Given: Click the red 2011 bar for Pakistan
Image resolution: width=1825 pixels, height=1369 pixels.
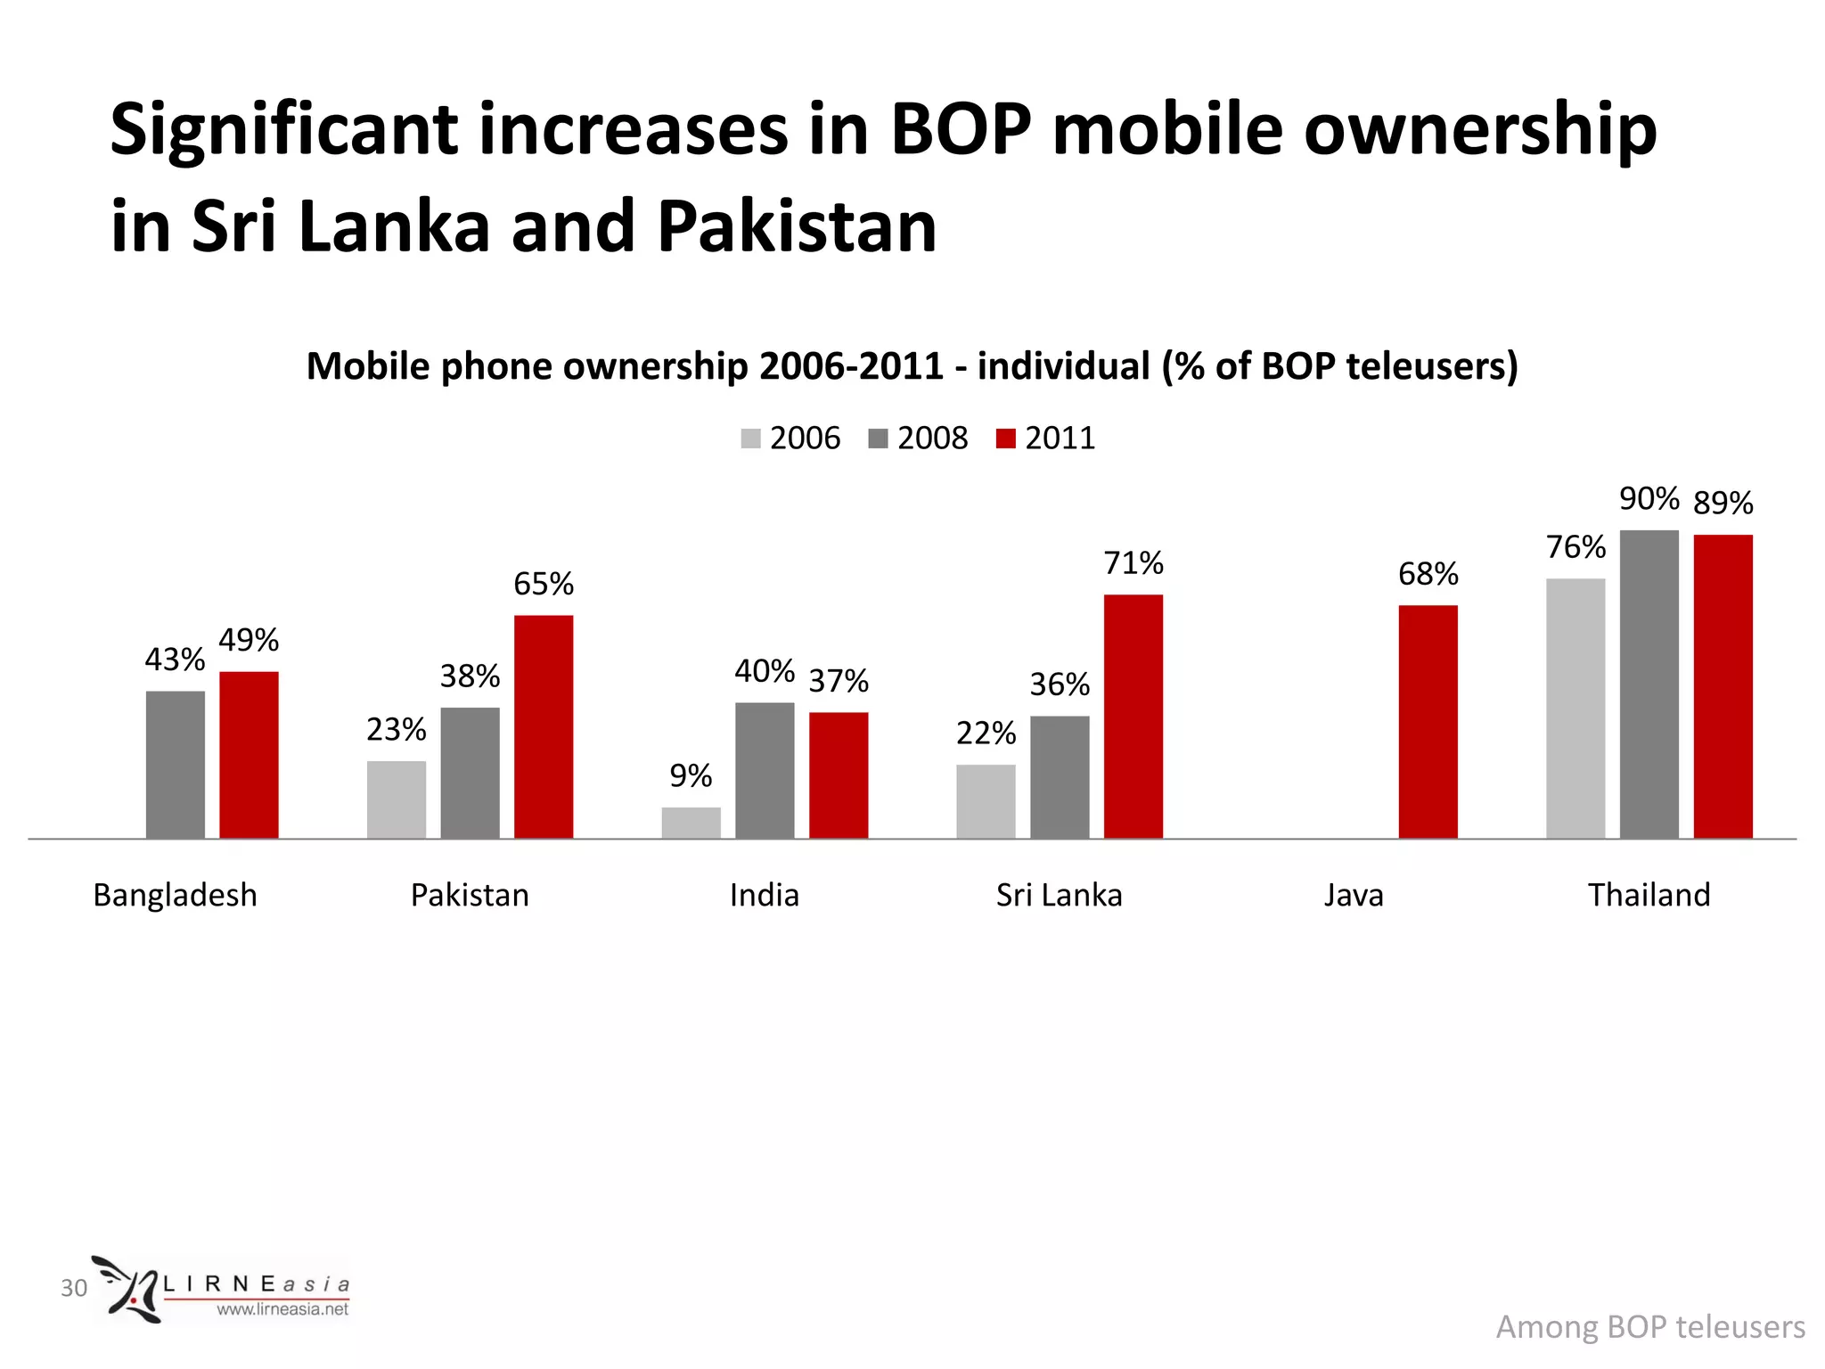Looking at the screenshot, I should click(x=544, y=726).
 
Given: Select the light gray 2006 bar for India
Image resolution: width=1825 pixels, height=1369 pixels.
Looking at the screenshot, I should click(x=691, y=823).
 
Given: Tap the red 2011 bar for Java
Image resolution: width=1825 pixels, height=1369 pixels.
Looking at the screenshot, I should click(x=1428, y=722).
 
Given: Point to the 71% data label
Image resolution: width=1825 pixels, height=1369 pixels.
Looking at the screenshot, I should click(x=1133, y=563).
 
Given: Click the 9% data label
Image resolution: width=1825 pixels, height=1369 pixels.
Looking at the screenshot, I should click(x=691, y=776).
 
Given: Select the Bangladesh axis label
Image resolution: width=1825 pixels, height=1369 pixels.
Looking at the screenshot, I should click(x=175, y=895).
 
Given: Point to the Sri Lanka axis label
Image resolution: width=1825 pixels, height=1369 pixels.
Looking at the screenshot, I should click(x=1059, y=895).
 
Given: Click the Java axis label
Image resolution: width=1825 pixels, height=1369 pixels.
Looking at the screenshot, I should click(x=1353, y=895).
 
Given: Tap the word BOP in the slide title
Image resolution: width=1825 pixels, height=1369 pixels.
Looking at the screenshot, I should click(x=960, y=130).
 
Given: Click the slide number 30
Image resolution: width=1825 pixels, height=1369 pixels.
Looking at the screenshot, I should click(x=74, y=1288).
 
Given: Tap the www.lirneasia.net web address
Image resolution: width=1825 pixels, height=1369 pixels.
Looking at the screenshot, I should click(x=282, y=1309).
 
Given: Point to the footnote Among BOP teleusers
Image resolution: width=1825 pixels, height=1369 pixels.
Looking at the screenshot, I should click(x=1649, y=1327).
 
